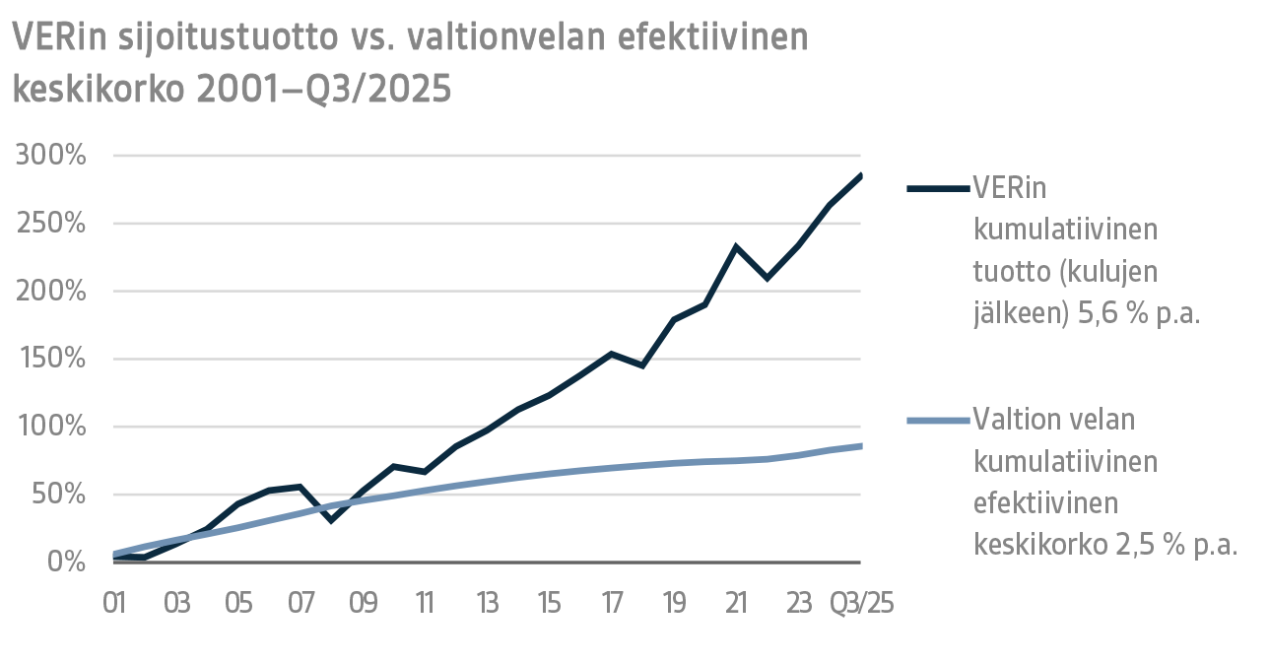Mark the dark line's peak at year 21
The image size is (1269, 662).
point(735,246)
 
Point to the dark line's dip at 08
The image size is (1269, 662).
point(332,519)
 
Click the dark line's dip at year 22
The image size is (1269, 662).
point(767,278)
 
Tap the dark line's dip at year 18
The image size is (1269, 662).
point(642,365)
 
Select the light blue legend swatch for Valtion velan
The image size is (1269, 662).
point(936,422)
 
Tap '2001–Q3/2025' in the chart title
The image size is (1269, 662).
point(324,90)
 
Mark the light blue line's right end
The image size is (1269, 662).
point(861,446)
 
